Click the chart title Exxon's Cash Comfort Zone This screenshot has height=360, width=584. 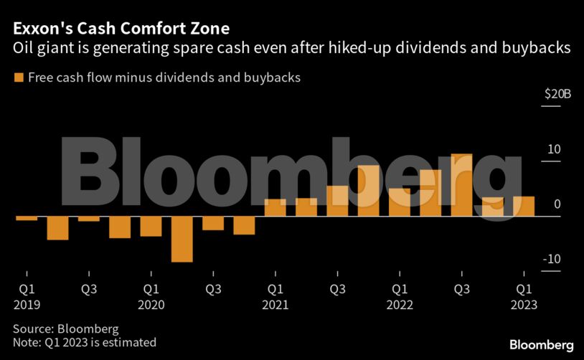point(121,29)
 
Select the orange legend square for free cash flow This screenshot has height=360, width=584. point(18,77)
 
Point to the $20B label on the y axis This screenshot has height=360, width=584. point(557,94)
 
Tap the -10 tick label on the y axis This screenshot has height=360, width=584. point(552,260)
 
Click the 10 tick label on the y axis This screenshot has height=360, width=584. point(553,149)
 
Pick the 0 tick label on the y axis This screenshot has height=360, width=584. point(557,204)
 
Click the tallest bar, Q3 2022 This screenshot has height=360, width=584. point(461,185)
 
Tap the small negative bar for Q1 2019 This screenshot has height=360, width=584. point(27,218)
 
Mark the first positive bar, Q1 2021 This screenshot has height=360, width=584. point(275,207)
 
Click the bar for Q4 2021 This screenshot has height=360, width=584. point(368,191)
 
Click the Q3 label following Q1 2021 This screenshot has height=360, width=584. point(337,290)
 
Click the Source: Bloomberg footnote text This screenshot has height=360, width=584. point(65,328)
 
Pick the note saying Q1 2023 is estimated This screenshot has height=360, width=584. point(84,343)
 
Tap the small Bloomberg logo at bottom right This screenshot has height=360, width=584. point(541,345)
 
